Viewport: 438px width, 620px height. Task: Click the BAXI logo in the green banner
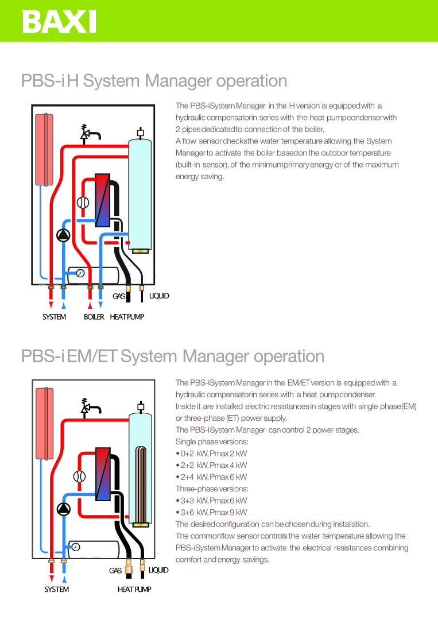pyautogui.click(x=59, y=21)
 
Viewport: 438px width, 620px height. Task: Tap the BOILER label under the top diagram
pyautogui.click(x=94, y=317)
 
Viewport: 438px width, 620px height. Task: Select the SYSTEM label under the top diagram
pyautogui.click(x=54, y=317)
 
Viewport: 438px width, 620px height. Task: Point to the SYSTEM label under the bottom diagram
pyautogui.click(x=56, y=590)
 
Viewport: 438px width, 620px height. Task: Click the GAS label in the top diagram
pyautogui.click(x=119, y=296)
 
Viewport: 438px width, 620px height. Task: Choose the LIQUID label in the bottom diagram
pyautogui.click(x=158, y=570)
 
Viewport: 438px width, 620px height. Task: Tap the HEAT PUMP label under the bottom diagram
pyautogui.click(x=134, y=590)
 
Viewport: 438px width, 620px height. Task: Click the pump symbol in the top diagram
pyautogui.click(x=63, y=236)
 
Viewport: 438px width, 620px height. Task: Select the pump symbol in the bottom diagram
pyautogui.click(x=64, y=509)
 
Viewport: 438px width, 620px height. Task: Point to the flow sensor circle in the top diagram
pyautogui.click(x=83, y=203)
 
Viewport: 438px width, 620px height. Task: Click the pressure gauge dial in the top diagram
pyautogui.click(x=80, y=273)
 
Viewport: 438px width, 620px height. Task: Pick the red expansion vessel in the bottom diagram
pyautogui.click(x=45, y=424)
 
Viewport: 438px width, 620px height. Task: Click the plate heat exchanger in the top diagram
pyautogui.click(x=103, y=200)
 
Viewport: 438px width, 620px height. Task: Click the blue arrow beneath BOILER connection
pyautogui.click(x=100, y=304)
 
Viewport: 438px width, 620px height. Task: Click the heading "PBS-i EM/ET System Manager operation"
pyautogui.click(x=173, y=356)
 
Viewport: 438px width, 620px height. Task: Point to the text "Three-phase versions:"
pyautogui.click(x=212, y=489)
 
